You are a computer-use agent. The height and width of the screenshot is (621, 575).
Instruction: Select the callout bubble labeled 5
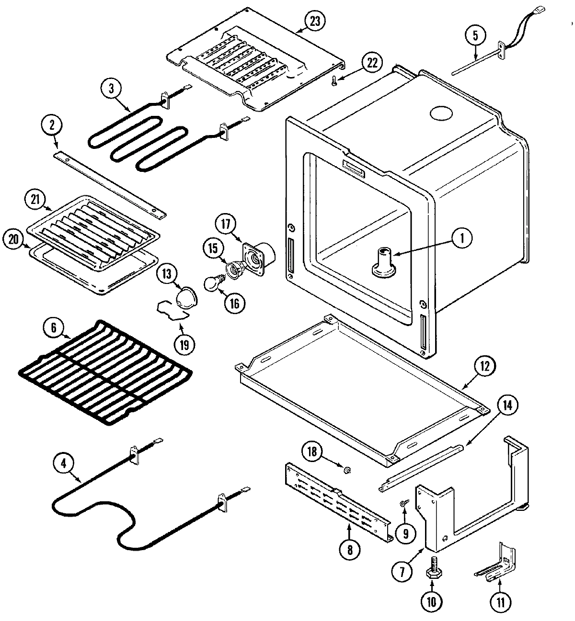(x=475, y=35)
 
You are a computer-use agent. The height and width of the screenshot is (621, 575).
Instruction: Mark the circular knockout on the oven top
(x=441, y=113)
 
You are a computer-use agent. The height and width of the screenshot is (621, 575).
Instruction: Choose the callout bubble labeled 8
(x=349, y=550)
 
